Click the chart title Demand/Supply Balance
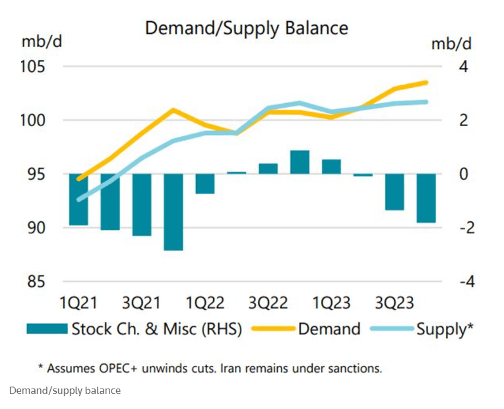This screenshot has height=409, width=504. pyautogui.click(x=247, y=28)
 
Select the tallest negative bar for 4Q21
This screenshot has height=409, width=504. pyautogui.click(x=173, y=212)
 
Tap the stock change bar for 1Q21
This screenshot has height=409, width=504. pyautogui.click(x=79, y=200)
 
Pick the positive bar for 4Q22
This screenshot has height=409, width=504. pyautogui.click(x=299, y=162)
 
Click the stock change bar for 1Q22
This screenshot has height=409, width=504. pyautogui.click(x=205, y=184)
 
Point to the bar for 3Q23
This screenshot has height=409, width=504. pyautogui.click(x=394, y=192)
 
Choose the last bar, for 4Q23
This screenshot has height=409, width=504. pyautogui.click(x=426, y=198)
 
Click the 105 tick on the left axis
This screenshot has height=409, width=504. pyautogui.click(x=33, y=67)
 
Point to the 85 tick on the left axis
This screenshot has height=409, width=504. pyautogui.click(x=36, y=281)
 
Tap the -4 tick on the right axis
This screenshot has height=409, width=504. pyautogui.click(x=467, y=281)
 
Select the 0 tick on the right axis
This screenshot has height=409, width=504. pyautogui.click(x=464, y=174)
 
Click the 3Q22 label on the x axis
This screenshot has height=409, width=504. pyautogui.click(x=268, y=303)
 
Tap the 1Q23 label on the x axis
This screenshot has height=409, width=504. pyautogui.click(x=331, y=303)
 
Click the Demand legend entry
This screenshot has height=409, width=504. pyautogui.click(x=305, y=329)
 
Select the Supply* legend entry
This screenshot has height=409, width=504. pyautogui.click(x=422, y=329)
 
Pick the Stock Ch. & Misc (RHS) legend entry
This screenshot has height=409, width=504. pyautogui.click(x=134, y=329)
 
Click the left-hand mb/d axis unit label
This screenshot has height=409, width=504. pyautogui.click(x=42, y=42)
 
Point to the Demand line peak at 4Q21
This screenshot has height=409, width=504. pyautogui.click(x=173, y=110)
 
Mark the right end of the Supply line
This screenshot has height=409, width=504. pyautogui.click(x=426, y=102)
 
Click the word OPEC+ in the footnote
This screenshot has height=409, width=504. pyautogui.click(x=118, y=368)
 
